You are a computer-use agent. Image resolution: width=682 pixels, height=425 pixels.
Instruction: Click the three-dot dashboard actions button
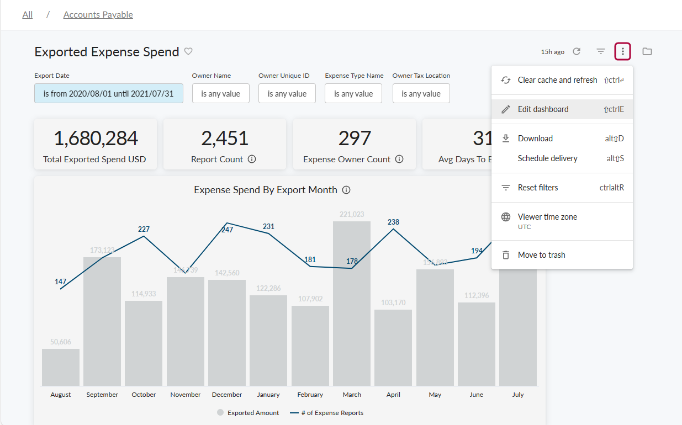pyautogui.click(x=623, y=51)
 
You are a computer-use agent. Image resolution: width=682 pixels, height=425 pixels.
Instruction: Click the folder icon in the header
pyautogui.click(x=647, y=51)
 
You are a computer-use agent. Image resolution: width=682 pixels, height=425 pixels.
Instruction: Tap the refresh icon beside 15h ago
pyautogui.click(x=577, y=51)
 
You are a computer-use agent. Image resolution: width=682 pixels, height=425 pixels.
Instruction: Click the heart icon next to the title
pyautogui.click(x=188, y=51)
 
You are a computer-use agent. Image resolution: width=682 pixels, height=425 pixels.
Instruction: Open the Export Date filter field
pyautogui.click(x=109, y=94)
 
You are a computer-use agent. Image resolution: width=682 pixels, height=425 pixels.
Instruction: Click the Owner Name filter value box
pyautogui.click(x=220, y=94)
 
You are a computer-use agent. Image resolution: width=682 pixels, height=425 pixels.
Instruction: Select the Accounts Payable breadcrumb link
pyautogui.click(x=98, y=15)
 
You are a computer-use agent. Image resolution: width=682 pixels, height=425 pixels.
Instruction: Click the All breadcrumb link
pyautogui.click(x=28, y=15)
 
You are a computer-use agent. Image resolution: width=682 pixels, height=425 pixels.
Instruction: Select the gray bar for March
pyautogui.click(x=352, y=304)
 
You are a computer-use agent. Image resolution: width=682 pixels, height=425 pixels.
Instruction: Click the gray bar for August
pyautogui.click(x=61, y=367)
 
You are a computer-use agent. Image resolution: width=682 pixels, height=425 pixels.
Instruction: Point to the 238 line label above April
pyautogui.click(x=393, y=222)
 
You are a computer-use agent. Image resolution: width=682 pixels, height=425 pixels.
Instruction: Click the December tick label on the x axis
pyautogui.click(x=227, y=395)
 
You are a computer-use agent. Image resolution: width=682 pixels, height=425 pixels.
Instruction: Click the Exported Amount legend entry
pyautogui.click(x=249, y=413)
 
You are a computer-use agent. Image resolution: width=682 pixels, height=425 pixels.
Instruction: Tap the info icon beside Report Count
pyautogui.click(x=252, y=159)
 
